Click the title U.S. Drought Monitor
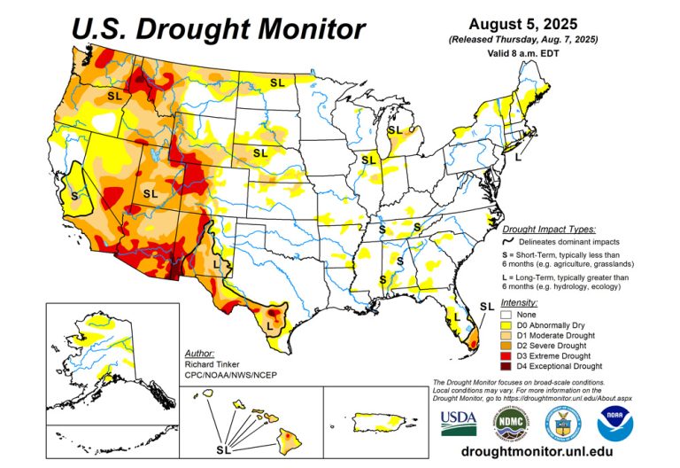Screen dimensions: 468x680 (x=218, y=28)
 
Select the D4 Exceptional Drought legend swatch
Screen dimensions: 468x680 (x=507, y=365)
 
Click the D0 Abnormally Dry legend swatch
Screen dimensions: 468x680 (x=507, y=324)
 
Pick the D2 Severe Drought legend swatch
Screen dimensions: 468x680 (x=507, y=345)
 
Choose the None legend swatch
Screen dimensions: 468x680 (x=507, y=314)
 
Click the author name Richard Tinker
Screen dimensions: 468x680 (x=210, y=363)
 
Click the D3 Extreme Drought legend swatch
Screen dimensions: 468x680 (x=507, y=355)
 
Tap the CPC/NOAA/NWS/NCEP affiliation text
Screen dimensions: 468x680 (x=228, y=375)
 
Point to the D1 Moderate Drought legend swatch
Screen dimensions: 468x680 (x=507, y=334)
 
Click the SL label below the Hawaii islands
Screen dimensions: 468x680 (x=223, y=448)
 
